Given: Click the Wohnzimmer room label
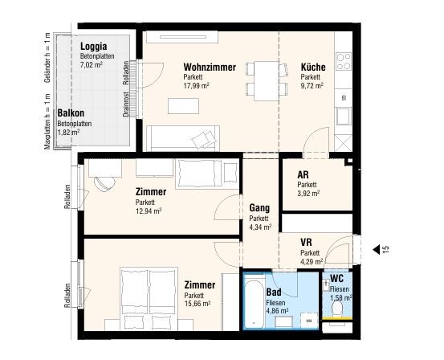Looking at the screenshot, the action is click(210, 67).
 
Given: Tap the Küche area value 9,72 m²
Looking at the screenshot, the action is click(312, 86).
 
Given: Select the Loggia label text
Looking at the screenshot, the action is click(93, 46).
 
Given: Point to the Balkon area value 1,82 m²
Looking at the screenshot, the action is click(68, 133).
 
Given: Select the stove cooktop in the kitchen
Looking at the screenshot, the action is click(344, 62).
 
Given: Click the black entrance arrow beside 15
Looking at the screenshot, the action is click(376, 250).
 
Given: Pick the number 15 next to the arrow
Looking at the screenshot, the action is click(385, 249).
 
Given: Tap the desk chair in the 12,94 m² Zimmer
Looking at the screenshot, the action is click(104, 184).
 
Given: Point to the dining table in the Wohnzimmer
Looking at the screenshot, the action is click(267, 81).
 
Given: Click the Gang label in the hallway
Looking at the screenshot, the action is click(259, 208).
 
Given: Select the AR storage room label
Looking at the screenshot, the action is click(303, 174).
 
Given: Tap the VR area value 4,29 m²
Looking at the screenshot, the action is click(312, 261).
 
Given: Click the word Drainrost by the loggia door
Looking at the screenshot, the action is click(126, 104).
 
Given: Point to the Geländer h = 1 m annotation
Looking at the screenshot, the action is click(47, 58).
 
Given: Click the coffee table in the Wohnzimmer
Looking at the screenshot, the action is click(183, 106).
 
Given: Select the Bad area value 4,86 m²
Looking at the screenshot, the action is click(277, 311).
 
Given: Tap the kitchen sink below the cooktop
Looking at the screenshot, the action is click(343, 117).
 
